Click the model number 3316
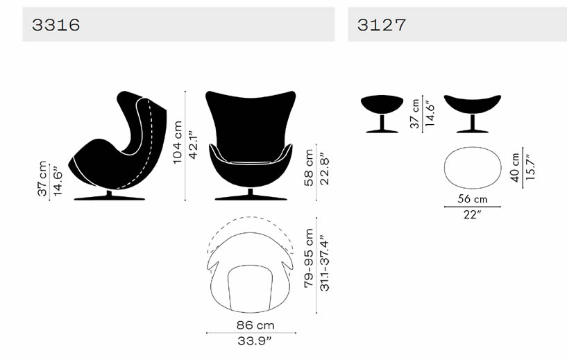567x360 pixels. [56, 25]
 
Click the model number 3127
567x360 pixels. [382, 25]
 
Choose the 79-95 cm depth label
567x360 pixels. [310, 259]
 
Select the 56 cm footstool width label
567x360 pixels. [472, 199]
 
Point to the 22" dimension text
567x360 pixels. [472, 214]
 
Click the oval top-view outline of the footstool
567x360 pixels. [472, 167]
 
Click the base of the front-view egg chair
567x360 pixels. [251, 196]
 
